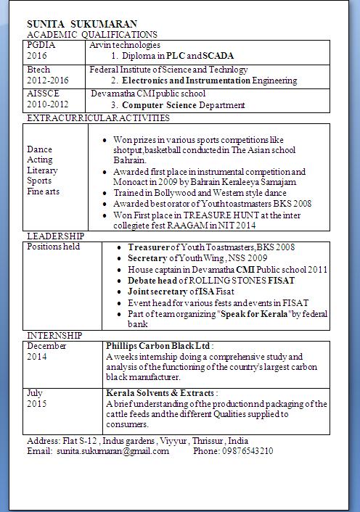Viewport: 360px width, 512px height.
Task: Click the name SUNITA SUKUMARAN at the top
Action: (81, 24)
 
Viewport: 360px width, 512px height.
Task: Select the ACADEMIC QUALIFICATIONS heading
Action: (91, 34)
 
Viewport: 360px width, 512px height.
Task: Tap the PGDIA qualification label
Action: (41, 45)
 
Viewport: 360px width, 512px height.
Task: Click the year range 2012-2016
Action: (49, 80)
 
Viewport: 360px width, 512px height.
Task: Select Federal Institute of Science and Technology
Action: (168, 70)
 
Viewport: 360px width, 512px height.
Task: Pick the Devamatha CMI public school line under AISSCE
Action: (148, 94)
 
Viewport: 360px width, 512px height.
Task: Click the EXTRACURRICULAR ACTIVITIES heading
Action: (98, 117)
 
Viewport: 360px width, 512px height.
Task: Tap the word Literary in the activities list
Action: (42, 170)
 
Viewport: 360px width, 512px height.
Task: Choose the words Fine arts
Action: (44, 191)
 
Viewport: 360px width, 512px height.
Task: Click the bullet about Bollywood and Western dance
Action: (200, 194)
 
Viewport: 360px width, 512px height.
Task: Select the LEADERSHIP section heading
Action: (55, 236)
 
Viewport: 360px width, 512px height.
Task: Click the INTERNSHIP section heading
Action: (54, 335)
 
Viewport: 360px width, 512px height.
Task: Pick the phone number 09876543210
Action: (247, 450)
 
